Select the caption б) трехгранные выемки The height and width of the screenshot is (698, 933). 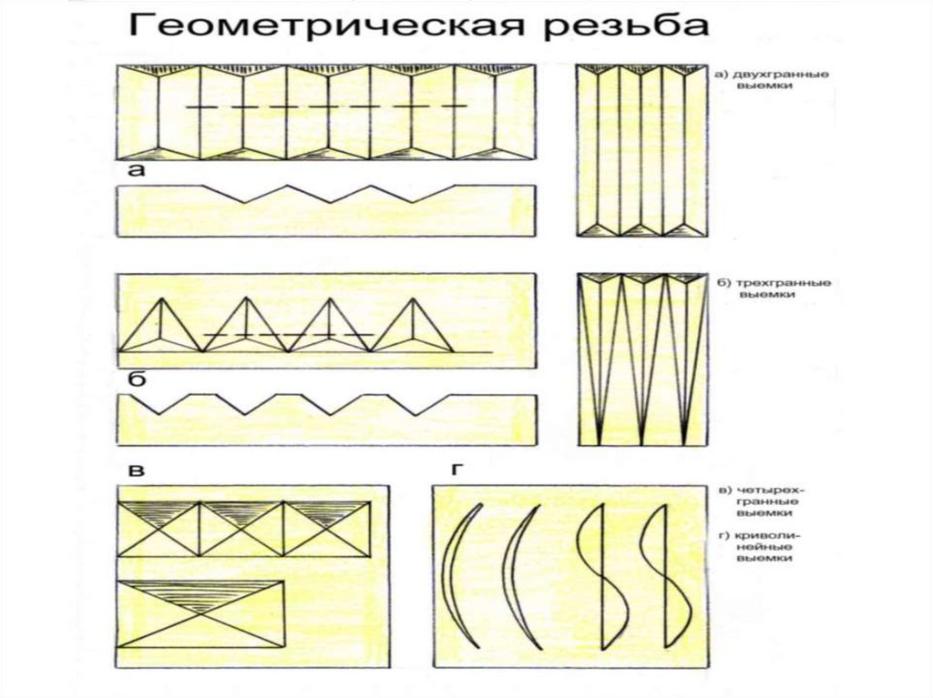click(x=771, y=288)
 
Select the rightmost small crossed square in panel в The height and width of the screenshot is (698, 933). click(x=326, y=528)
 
